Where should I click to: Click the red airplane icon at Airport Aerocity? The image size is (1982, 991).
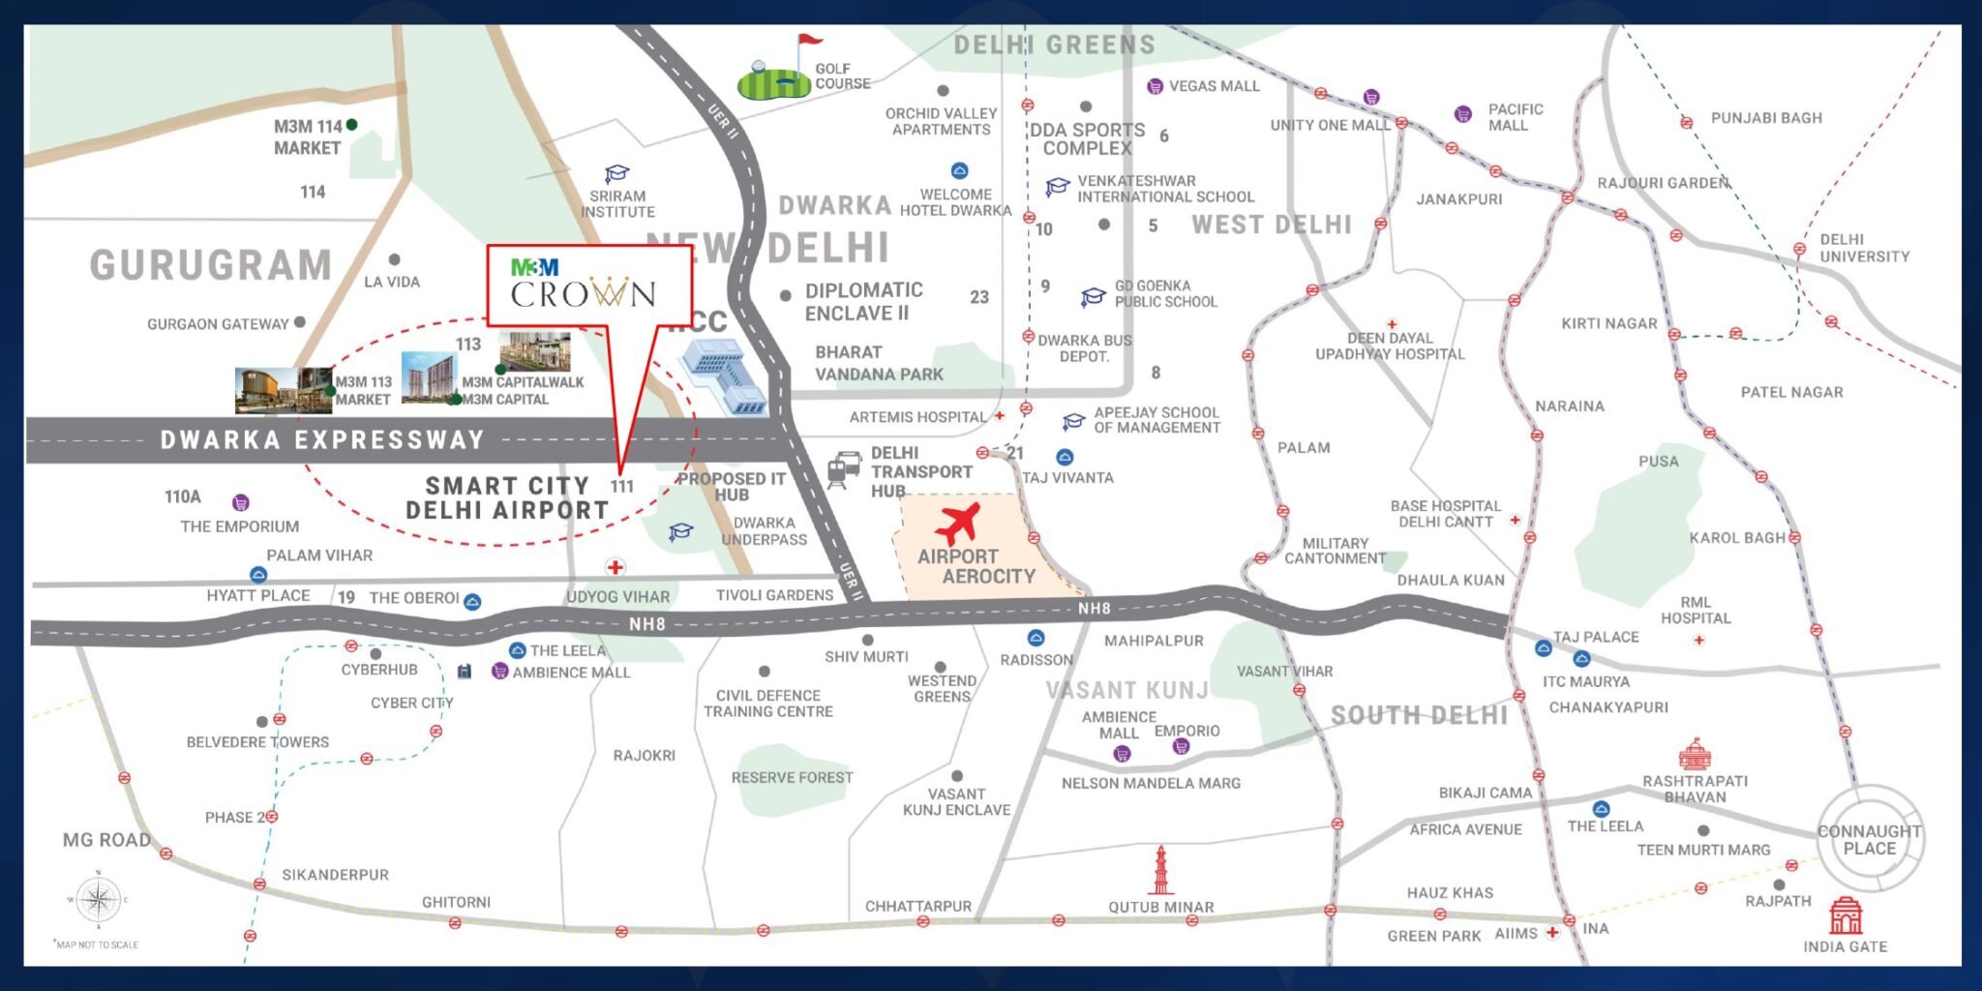pyautogui.click(x=958, y=524)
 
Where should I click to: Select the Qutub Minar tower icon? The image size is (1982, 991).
pyautogui.click(x=1160, y=871)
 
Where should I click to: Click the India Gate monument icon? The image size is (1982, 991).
pyautogui.click(x=1845, y=916)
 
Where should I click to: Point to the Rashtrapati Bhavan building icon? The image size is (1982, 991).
pyautogui.click(x=1695, y=755)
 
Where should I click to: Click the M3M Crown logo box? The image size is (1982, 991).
pyautogui.click(x=588, y=285)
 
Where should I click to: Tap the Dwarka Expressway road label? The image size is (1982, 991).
pyautogui.click(x=322, y=440)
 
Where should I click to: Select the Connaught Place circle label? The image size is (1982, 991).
pyautogui.click(x=1869, y=840)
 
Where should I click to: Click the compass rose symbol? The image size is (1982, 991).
pyautogui.click(x=98, y=900)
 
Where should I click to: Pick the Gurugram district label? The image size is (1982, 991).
pyautogui.click(x=211, y=265)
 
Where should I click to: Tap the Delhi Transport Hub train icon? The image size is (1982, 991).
pyautogui.click(x=844, y=470)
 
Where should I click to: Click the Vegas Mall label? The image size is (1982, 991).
pyautogui.click(x=1214, y=86)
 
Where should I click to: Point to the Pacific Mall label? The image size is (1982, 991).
pyautogui.click(x=1515, y=117)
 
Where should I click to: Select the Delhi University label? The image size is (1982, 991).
pyautogui.click(x=1864, y=248)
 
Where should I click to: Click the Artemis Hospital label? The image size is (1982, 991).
pyautogui.click(x=917, y=417)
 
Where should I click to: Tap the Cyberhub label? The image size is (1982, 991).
pyautogui.click(x=379, y=670)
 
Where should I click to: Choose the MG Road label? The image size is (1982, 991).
pyautogui.click(x=106, y=840)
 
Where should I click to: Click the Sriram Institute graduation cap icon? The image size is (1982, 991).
pyautogui.click(x=616, y=174)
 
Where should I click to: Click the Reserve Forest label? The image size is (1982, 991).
pyautogui.click(x=792, y=778)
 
